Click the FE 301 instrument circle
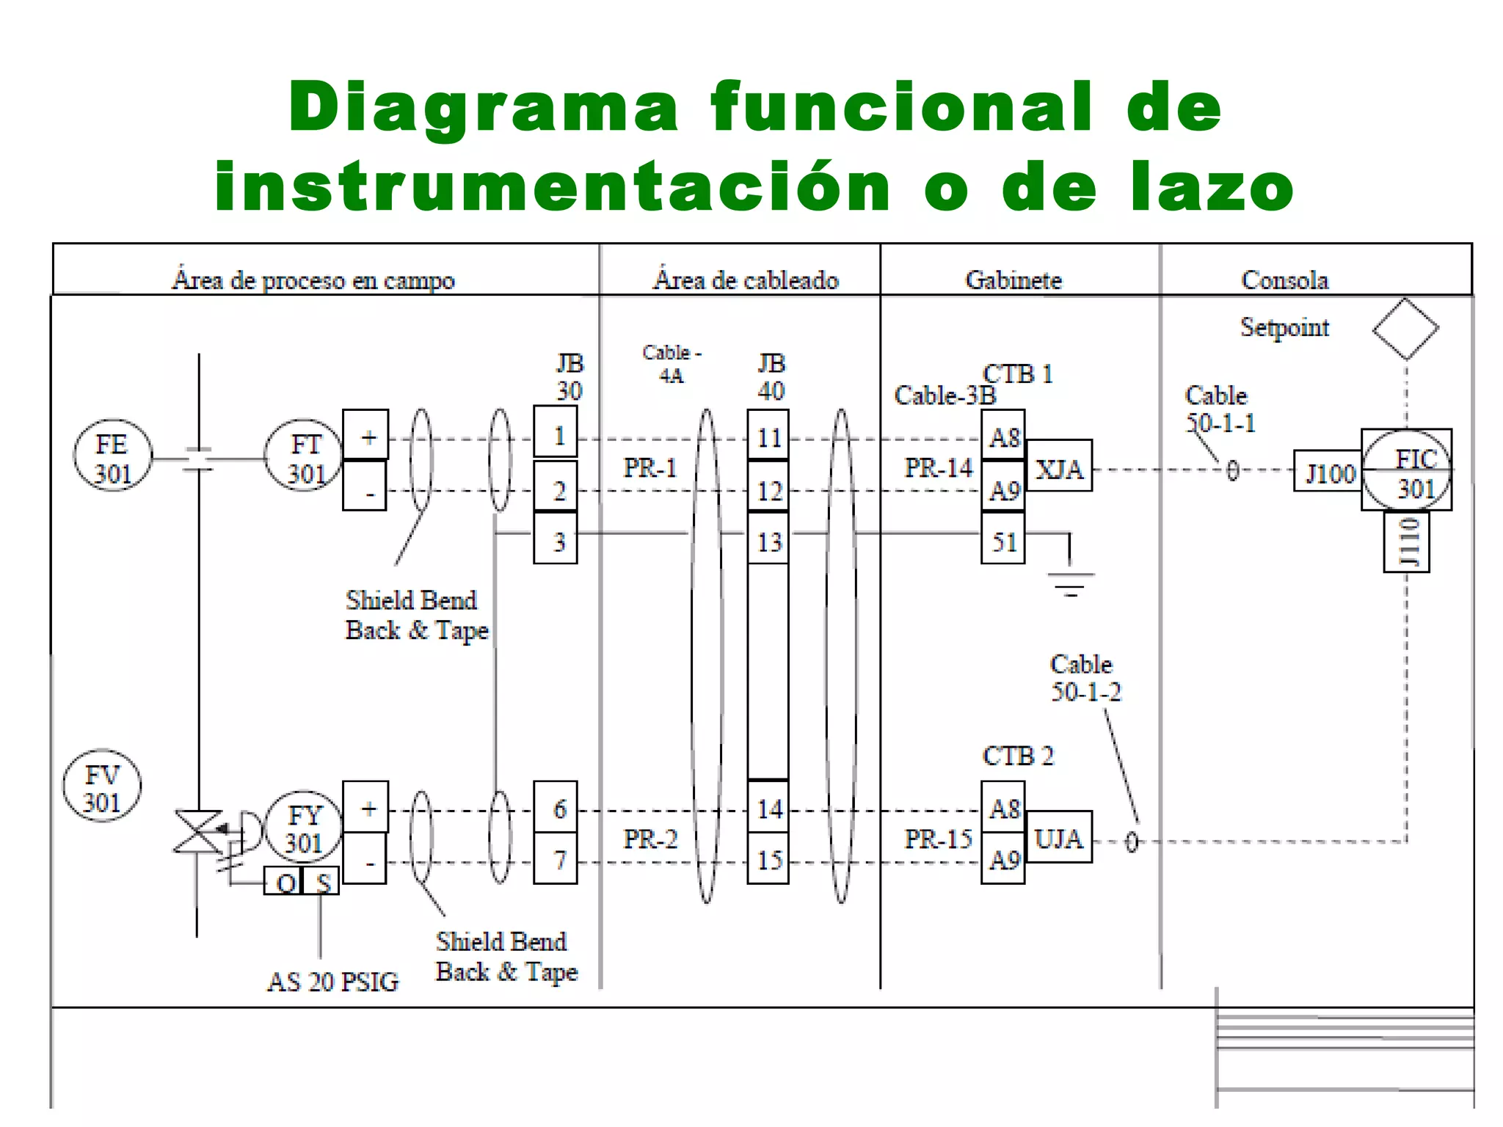(x=112, y=456)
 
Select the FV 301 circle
(x=102, y=786)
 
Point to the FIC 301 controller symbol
(x=1406, y=470)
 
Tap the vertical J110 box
(x=1406, y=541)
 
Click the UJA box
(x=1058, y=836)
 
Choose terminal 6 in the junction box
(x=556, y=807)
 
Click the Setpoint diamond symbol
(x=1405, y=329)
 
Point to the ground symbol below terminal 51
(x=1070, y=580)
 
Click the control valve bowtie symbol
(x=197, y=832)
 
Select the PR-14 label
(x=938, y=467)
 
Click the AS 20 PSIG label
(x=332, y=981)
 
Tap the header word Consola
(x=1284, y=280)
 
